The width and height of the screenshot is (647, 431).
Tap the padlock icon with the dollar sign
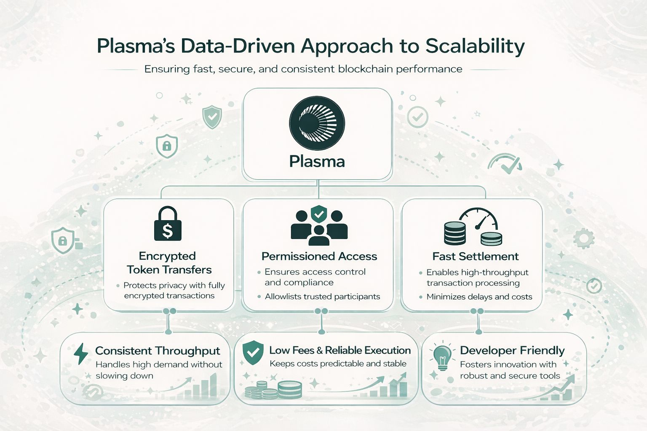coord(168,224)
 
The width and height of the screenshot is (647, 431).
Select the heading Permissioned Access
coord(319,256)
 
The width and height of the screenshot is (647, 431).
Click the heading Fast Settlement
coord(475,256)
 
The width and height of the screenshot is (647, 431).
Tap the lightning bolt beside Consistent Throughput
coord(81,353)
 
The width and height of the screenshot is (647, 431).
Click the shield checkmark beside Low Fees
coord(253,353)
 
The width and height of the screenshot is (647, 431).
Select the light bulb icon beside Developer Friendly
coord(442,357)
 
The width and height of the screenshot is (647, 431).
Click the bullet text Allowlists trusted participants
coord(322,296)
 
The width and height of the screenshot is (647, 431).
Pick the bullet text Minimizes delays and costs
coord(479,297)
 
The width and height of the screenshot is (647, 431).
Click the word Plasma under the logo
coord(317,162)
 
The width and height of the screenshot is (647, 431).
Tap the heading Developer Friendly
coord(512,350)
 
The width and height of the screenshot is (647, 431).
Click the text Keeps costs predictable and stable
coord(338,364)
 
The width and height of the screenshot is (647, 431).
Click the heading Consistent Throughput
coord(158,351)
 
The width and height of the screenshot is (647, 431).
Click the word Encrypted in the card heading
coord(167,256)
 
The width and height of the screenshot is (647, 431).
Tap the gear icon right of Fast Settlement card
coord(583,238)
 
